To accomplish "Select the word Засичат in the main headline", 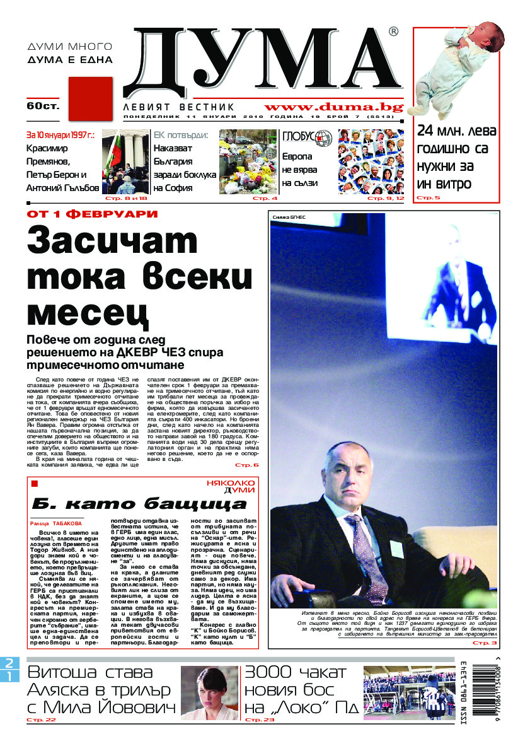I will (112, 242).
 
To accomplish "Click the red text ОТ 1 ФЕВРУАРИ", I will (91, 214).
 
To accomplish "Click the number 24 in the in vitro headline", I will (430, 132).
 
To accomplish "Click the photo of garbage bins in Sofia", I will (248, 161).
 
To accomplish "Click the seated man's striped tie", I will (365, 549).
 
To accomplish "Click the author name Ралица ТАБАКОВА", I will (55, 523).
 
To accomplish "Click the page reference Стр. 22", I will (41, 719).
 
